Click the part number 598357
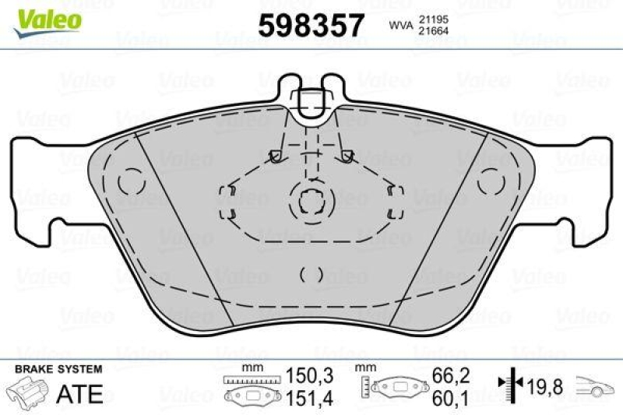311,26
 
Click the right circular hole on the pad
491,181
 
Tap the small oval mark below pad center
311,273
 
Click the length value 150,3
311,376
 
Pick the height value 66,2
452,376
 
